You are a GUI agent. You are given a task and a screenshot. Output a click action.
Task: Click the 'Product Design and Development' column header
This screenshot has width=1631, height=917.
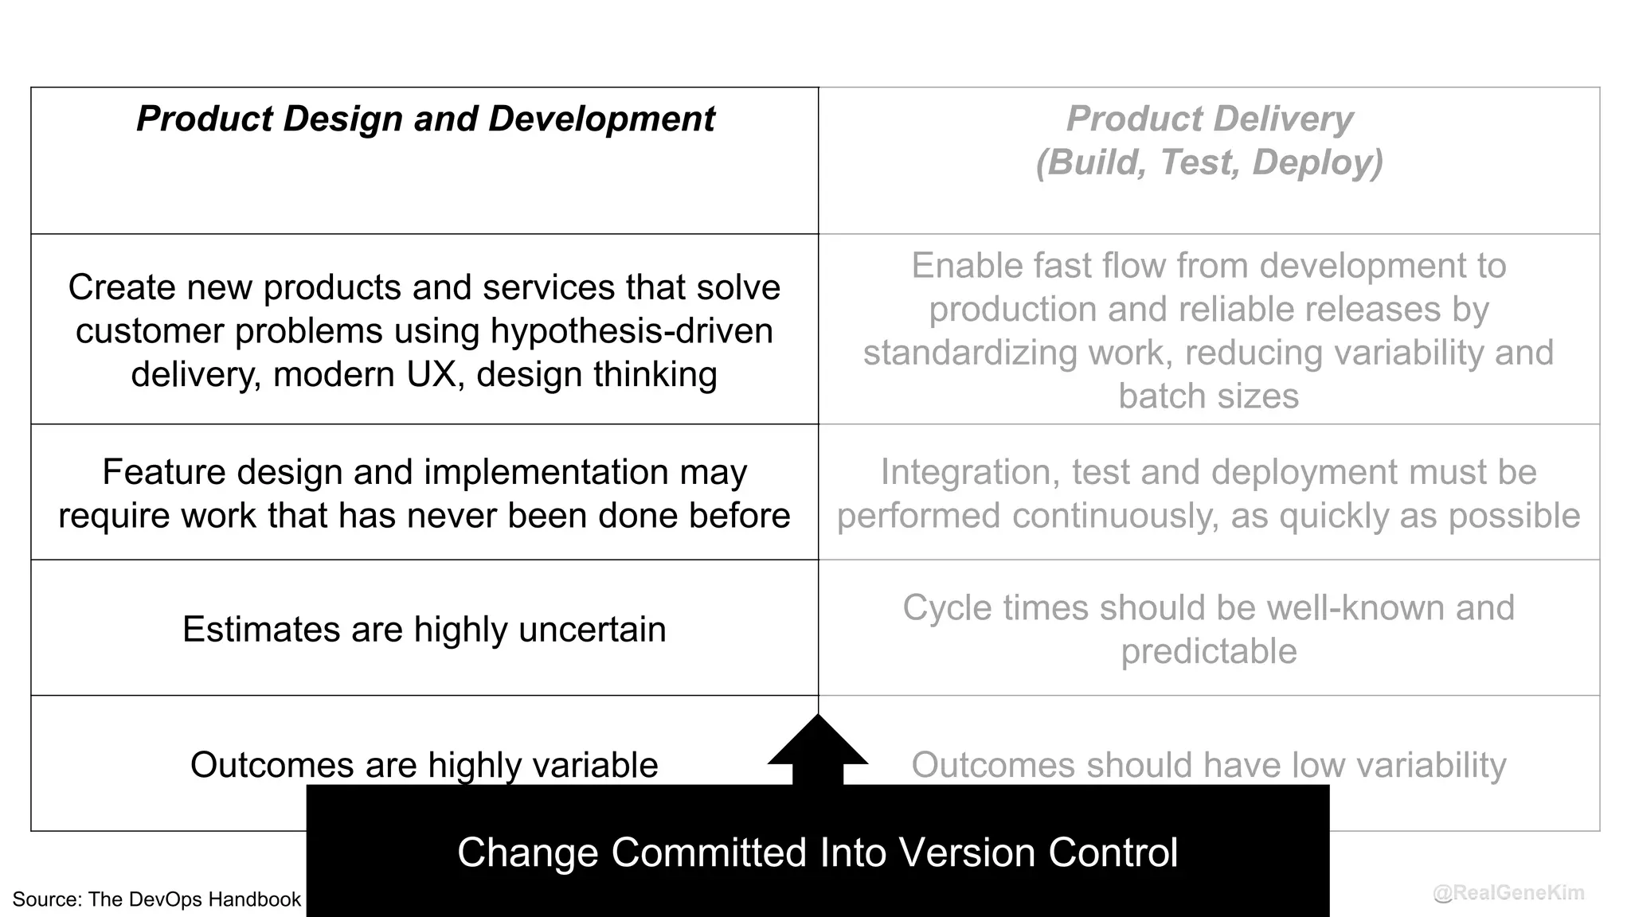pyautogui.click(x=425, y=119)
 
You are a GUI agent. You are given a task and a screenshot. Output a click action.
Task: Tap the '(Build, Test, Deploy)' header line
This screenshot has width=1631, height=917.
pyautogui.click(x=1209, y=162)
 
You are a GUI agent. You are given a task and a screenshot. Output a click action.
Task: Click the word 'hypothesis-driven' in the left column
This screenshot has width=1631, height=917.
pyautogui.click(x=632, y=331)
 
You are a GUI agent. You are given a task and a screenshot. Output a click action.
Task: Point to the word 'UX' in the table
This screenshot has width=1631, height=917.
pyautogui.click(x=435, y=375)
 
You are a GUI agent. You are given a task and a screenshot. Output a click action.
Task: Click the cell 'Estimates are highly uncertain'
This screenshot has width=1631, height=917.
pyautogui.click(x=424, y=629)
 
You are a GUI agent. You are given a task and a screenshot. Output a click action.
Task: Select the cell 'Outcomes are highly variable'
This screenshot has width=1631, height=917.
pyautogui.click(x=424, y=765)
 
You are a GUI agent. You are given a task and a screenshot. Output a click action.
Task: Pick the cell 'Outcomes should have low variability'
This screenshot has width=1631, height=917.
pyautogui.click(x=1208, y=765)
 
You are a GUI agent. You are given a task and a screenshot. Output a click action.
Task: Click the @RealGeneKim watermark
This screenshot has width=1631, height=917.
pyautogui.click(x=1508, y=893)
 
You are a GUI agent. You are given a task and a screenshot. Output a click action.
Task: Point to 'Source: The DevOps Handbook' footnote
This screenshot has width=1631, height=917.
pyautogui.click(x=157, y=899)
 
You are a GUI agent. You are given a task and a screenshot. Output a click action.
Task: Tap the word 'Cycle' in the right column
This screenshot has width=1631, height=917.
pyautogui.click(x=947, y=608)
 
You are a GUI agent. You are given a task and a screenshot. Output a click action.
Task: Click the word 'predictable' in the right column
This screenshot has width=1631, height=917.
pyautogui.click(x=1208, y=652)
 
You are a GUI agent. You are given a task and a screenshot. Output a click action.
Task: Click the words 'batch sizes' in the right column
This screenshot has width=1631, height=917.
pyautogui.click(x=1208, y=396)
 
